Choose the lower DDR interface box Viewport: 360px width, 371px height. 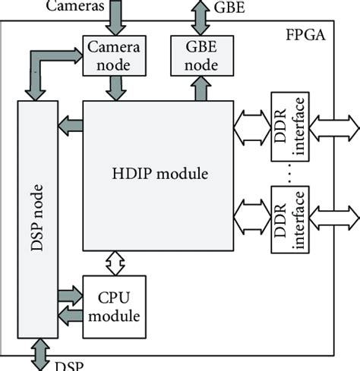tap(281, 211)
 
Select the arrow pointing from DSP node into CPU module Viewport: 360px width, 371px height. tap(69, 293)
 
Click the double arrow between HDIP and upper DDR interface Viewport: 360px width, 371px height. tap(251, 127)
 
